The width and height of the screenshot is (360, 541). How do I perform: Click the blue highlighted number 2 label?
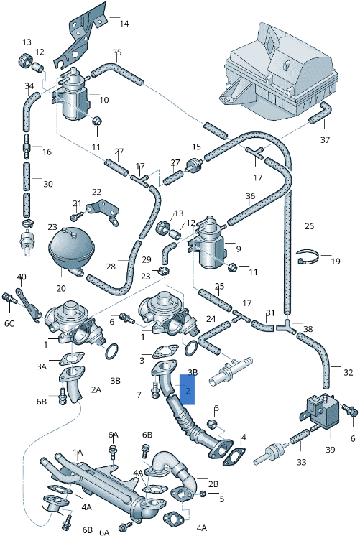[x=188, y=392]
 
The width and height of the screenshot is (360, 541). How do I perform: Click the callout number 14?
[x=124, y=24]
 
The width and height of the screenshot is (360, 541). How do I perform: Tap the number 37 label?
[x=325, y=139]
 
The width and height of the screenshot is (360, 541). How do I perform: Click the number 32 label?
[x=348, y=373]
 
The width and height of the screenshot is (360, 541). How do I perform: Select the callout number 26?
[x=309, y=226]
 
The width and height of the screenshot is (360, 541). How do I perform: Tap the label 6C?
[x=9, y=324]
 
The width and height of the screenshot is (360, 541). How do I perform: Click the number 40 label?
[x=22, y=277]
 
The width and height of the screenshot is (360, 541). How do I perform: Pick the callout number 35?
[x=117, y=52]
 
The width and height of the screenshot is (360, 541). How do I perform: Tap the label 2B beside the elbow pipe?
[x=213, y=483]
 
